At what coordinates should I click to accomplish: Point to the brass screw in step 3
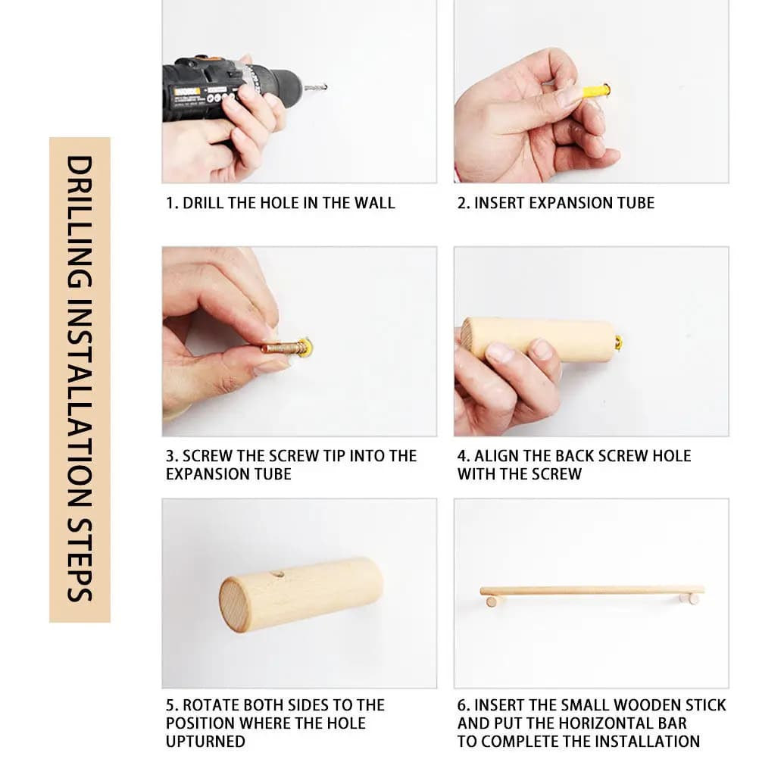coord(281,348)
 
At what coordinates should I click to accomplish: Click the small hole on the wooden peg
coord(277,575)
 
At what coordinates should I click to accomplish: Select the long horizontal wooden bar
coord(592,591)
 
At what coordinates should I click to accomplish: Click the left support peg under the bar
coord(492,601)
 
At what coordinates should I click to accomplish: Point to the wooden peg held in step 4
coord(537,339)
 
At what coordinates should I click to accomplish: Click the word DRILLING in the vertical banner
coord(80,222)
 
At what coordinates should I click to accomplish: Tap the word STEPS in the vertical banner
coord(80,560)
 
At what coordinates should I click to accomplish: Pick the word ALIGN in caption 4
coord(495,456)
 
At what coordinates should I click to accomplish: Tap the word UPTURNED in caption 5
coord(205,741)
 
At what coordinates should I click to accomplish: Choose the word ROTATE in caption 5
coord(211,705)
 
